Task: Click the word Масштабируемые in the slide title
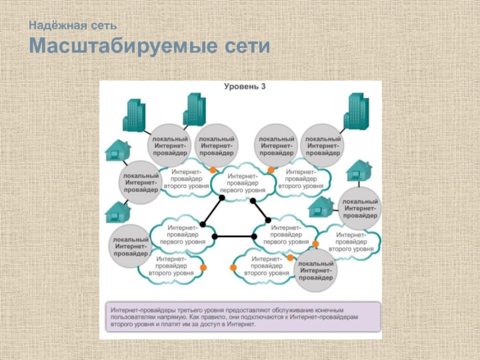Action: click(x=124, y=46)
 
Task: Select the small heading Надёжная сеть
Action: click(x=73, y=25)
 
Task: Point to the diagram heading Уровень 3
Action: click(x=245, y=86)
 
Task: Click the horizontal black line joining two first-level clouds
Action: click(x=234, y=236)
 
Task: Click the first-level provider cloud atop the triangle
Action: click(x=243, y=183)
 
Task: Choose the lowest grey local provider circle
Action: click(x=316, y=271)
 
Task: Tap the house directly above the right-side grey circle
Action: click(x=359, y=170)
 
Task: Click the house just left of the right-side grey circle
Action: click(x=320, y=207)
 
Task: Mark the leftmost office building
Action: click(x=134, y=115)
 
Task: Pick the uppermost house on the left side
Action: click(x=118, y=151)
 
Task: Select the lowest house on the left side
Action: click(x=118, y=212)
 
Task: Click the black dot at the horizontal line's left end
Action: click(x=215, y=236)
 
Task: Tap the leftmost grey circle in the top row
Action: click(x=170, y=146)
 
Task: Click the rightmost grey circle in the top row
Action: click(x=322, y=146)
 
